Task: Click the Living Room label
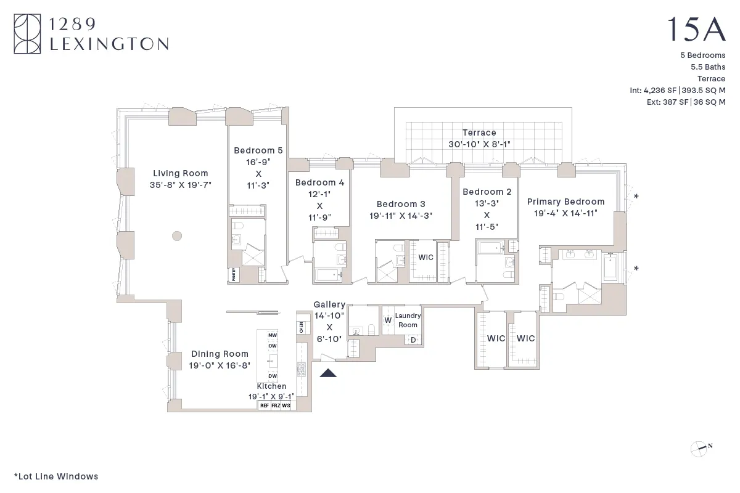coord(180,173)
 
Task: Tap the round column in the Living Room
coord(177,235)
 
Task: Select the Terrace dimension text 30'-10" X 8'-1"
coord(479,144)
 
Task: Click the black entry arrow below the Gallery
coord(327,372)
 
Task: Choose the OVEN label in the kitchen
coord(301,327)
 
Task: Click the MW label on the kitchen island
coord(272,335)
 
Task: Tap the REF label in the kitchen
coord(264,406)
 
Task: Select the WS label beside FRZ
coord(286,406)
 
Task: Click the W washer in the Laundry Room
coord(388,320)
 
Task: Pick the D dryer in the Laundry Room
coord(413,340)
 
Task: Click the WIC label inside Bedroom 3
coord(426,258)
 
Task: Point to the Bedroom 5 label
coord(258,150)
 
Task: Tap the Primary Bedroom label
coord(565,202)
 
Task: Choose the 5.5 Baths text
coord(708,67)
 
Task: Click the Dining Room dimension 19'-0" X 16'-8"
coord(220,365)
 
